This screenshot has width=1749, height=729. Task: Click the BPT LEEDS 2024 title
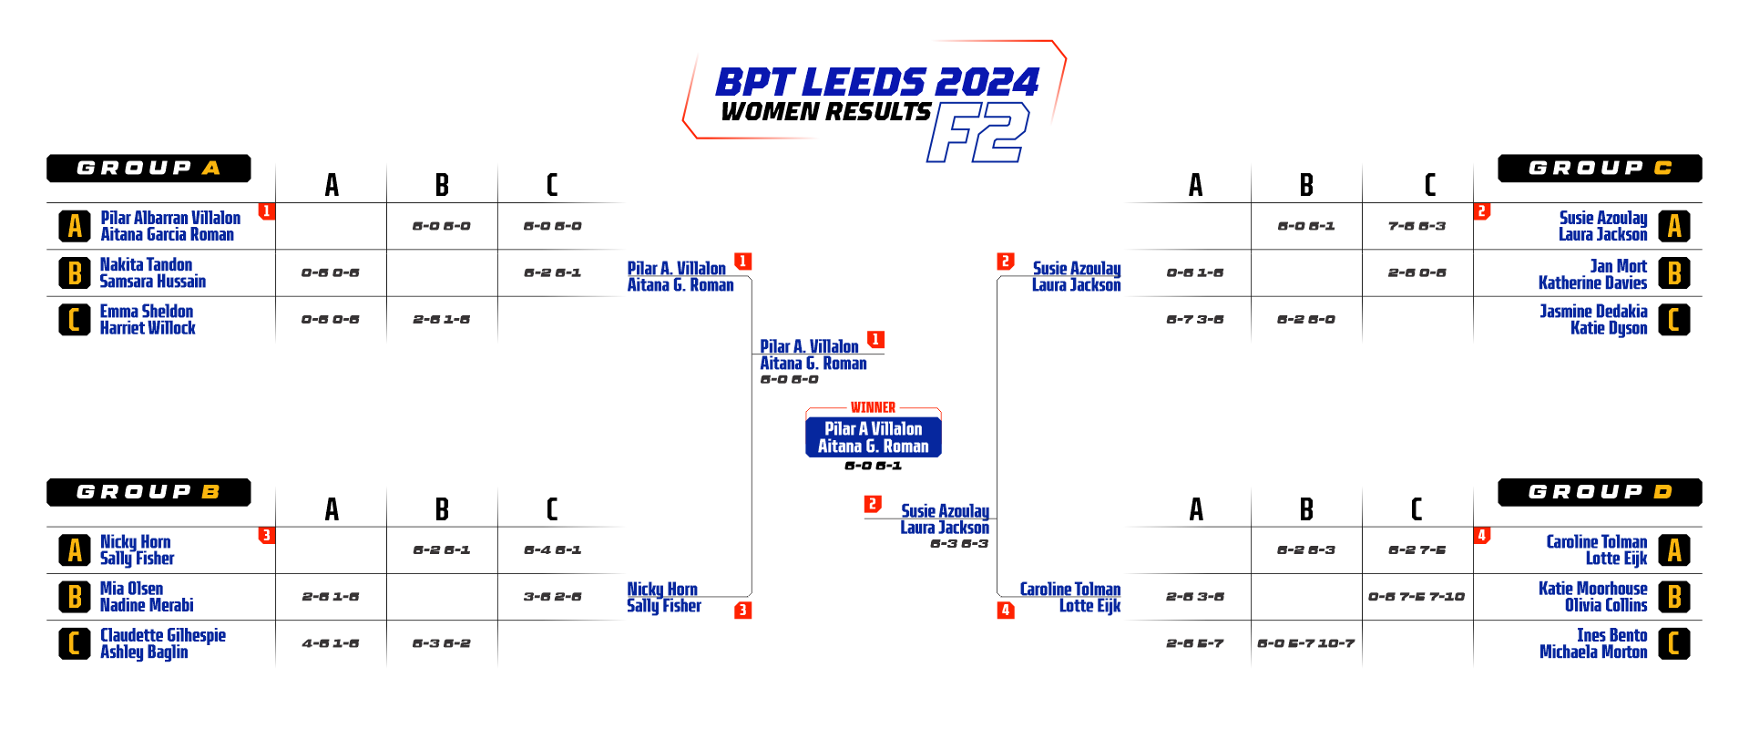[876, 83]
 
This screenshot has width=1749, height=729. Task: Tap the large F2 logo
[977, 132]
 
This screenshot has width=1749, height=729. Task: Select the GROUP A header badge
[148, 169]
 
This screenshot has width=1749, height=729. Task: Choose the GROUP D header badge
[1600, 492]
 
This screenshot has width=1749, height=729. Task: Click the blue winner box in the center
[873, 436]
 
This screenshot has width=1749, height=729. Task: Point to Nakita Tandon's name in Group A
[146, 265]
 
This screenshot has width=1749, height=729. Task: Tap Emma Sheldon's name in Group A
[146, 312]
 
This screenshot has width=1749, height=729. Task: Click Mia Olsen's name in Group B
[131, 589]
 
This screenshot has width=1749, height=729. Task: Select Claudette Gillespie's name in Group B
[163, 635]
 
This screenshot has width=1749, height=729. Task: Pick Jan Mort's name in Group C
[1618, 266]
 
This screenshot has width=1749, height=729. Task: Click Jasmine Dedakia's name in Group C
[1593, 312]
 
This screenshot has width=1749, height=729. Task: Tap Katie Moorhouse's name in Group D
[1592, 589]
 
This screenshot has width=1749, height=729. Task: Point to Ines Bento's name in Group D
[1611, 635]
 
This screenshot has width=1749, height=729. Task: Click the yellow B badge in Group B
[75, 597]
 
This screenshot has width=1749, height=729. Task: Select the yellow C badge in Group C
[1673, 320]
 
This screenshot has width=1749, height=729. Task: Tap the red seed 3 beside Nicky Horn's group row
[266, 535]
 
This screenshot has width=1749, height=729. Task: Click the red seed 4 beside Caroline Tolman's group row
[1482, 535]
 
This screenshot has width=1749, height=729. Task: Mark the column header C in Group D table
[1417, 508]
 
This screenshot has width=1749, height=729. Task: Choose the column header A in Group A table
[332, 185]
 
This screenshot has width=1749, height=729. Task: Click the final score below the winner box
[873, 466]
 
